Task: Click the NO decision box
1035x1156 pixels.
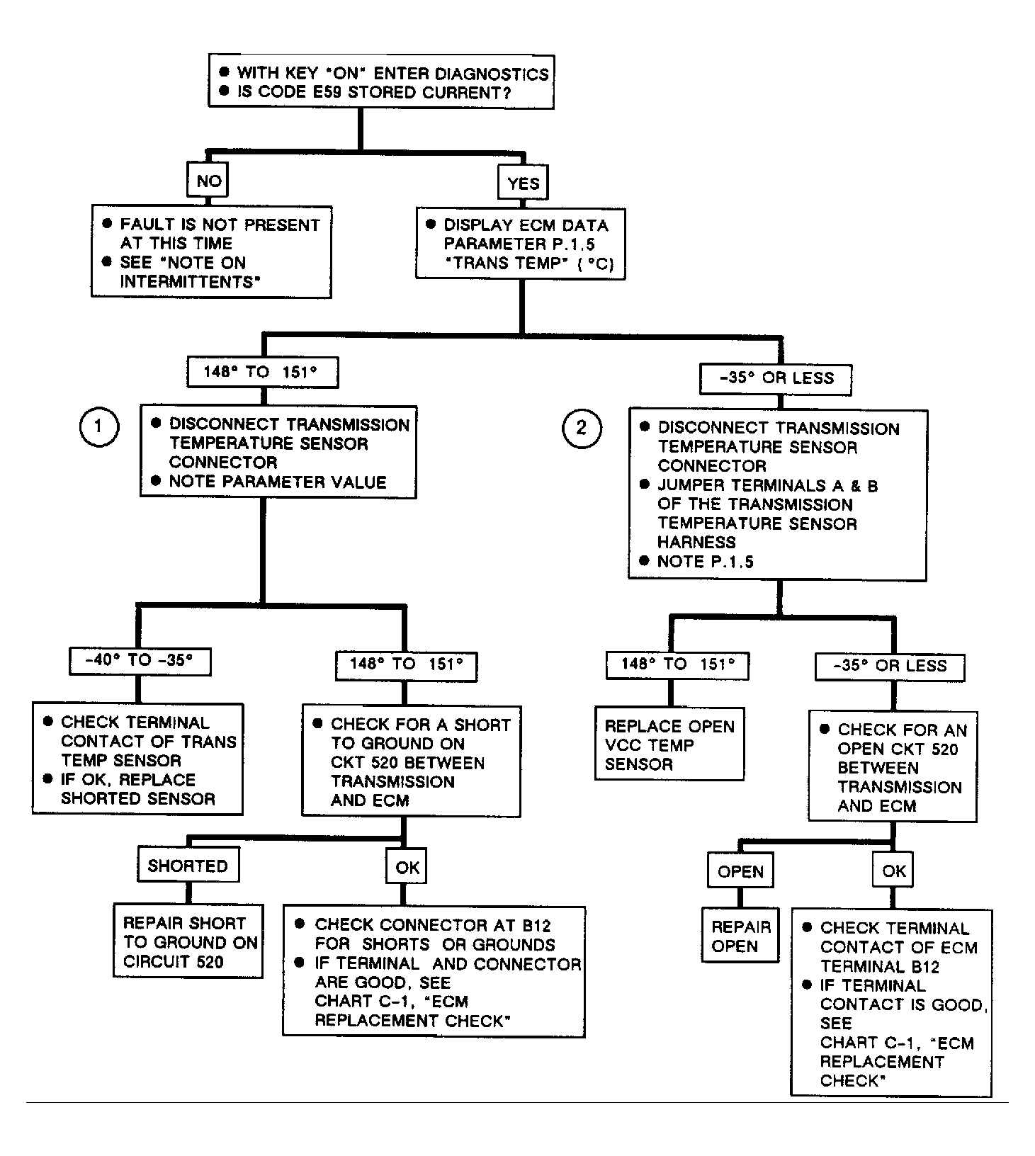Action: coord(208,181)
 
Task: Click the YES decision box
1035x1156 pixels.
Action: coord(524,183)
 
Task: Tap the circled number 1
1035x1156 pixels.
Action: coord(98,426)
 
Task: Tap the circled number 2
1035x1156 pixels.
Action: coord(582,428)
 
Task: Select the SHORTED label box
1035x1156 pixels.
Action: coord(188,866)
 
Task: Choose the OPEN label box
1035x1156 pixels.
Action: coord(740,871)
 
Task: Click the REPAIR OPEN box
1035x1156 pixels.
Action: coord(740,935)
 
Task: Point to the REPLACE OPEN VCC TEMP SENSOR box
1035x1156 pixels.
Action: coord(669,744)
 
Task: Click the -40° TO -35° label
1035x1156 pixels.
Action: coord(140,661)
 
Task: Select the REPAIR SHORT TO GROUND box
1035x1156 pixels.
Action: coord(188,941)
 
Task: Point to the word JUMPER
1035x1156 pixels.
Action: coord(690,486)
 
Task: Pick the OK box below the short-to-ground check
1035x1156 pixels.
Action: coord(407,866)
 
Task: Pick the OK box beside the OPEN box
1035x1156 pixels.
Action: coord(893,870)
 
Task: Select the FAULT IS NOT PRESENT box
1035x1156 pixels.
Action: coord(211,251)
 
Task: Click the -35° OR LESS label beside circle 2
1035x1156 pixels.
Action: coord(776,378)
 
